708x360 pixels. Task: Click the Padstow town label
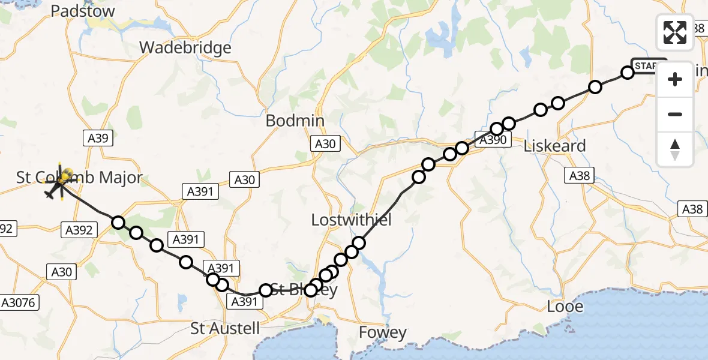[83, 11]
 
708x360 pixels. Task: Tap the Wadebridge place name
[185, 47]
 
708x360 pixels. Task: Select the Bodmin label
[295, 121]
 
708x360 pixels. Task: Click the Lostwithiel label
[351, 220]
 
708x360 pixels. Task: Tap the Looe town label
[565, 306]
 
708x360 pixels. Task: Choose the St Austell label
[225, 328]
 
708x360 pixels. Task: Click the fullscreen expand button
[675, 32]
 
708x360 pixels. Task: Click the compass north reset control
[675, 149]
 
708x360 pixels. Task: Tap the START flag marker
[648, 65]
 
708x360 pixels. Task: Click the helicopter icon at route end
[60, 183]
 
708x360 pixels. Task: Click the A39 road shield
[96, 139]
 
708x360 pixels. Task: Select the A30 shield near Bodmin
[325, 143]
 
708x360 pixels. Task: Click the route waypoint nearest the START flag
[627, 73]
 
